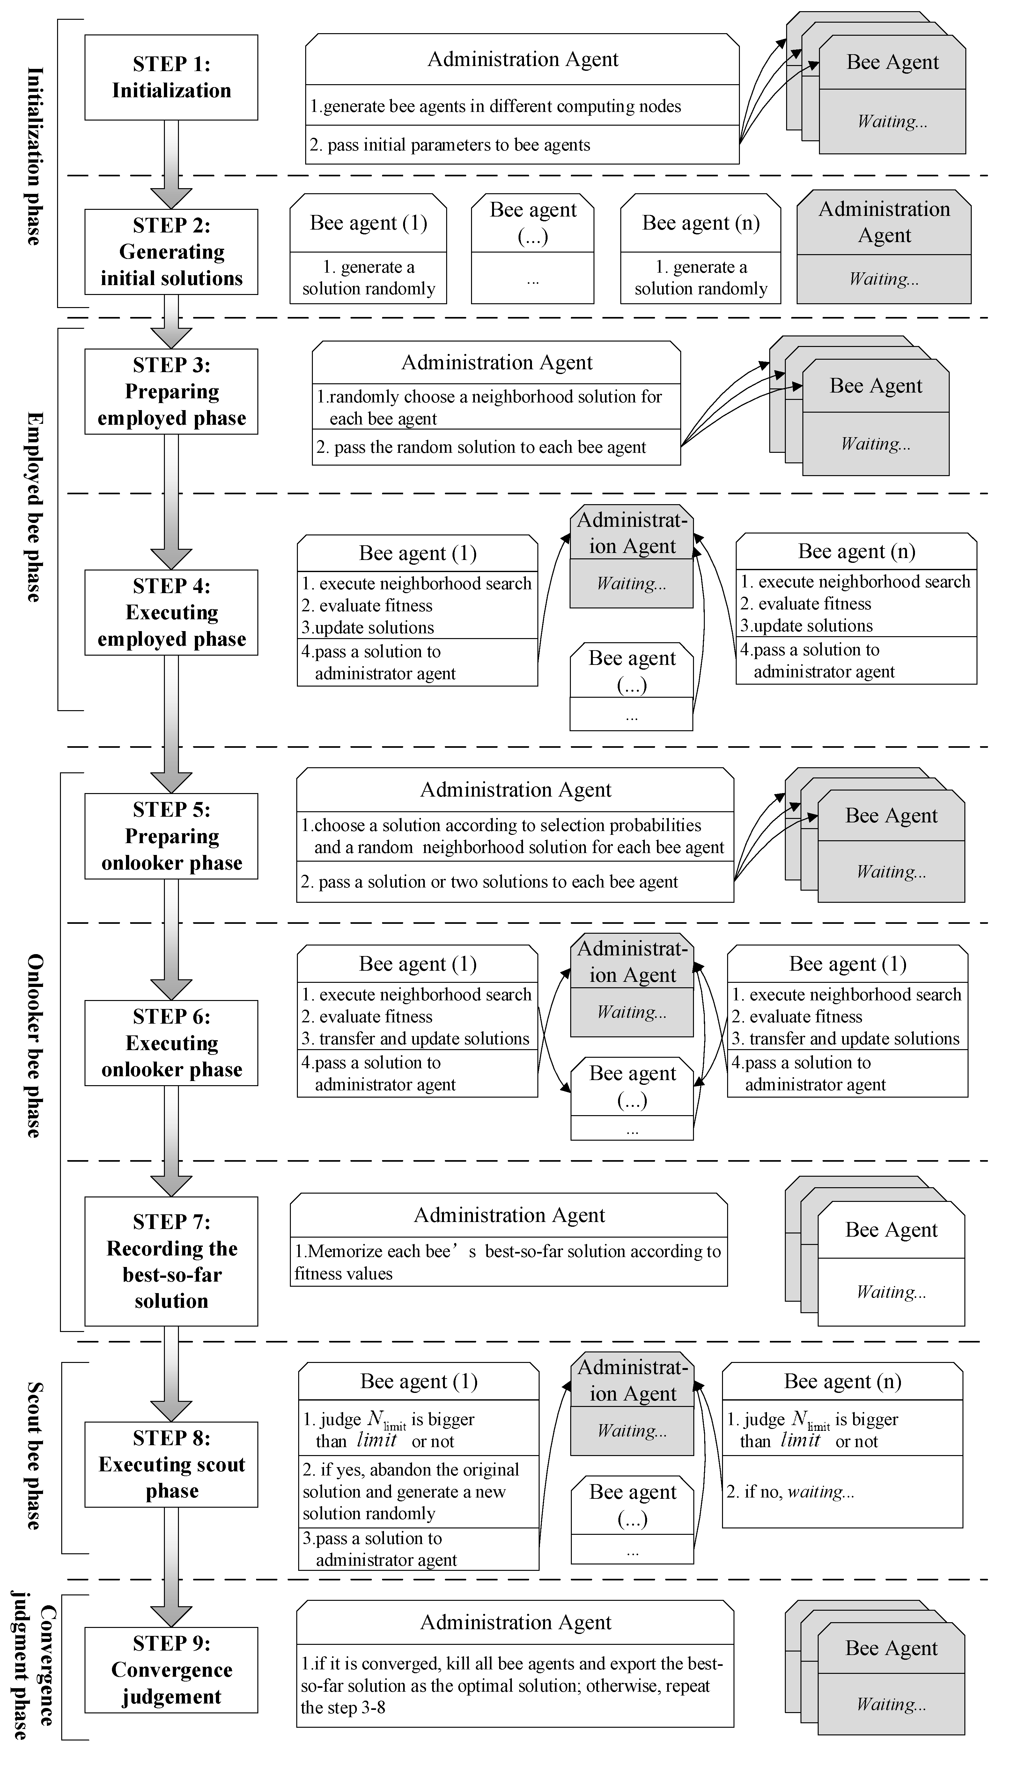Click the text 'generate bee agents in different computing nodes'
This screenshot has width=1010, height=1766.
pos(496,106)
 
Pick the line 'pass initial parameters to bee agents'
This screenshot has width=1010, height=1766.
pos(451,145)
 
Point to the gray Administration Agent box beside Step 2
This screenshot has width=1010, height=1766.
pos(884,247)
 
